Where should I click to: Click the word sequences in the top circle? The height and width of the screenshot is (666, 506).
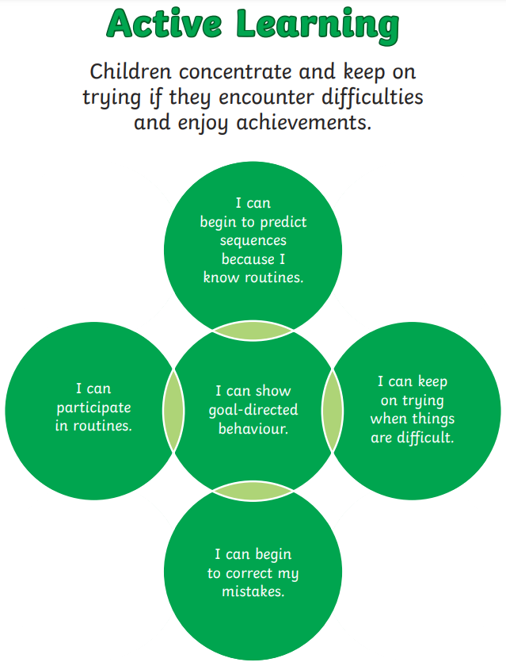pos(253,240)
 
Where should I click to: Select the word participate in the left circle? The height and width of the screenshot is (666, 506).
pos(93,408)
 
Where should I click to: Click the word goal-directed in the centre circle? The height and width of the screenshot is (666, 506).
pos(253,410)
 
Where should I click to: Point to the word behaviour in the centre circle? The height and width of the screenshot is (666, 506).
pos(253,429)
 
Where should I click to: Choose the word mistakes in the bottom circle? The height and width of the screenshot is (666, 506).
pos(253,591)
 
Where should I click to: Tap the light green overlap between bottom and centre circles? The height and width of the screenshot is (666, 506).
pos(253,492)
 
